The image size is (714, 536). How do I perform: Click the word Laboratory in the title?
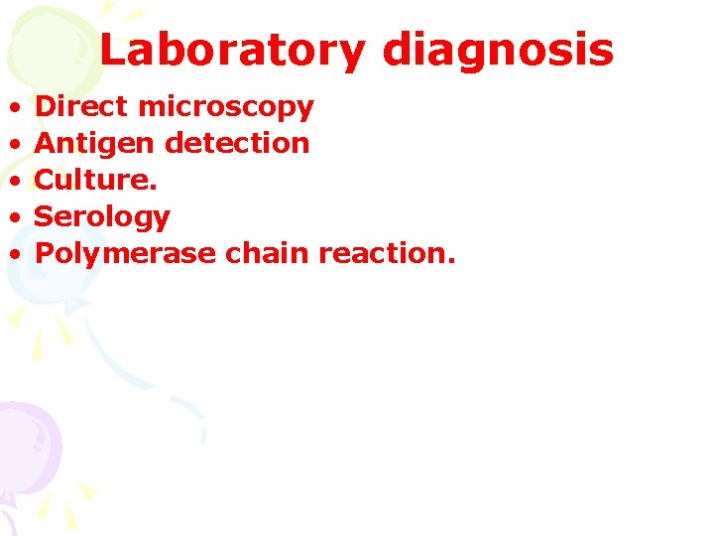(232, 51)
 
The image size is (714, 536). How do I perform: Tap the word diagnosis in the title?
(497, 51)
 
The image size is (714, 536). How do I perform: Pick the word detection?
(237, 143)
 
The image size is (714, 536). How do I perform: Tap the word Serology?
(102, 217)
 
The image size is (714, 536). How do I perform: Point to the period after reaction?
(451, 261)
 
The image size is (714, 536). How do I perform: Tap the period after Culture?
(153, 188)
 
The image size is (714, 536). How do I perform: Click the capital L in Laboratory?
(113, 51)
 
